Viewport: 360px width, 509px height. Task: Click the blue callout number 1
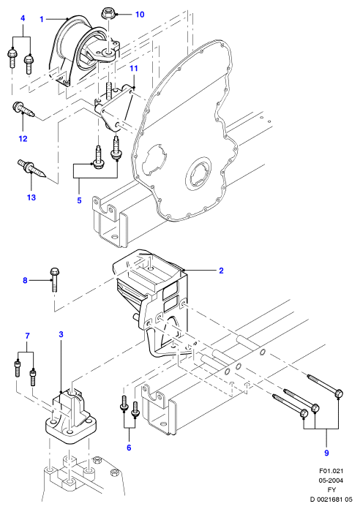[x=42, y=20]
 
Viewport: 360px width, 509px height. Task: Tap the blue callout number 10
[x=140, y=15]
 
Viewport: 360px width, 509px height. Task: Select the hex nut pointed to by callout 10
[x=108, y=13]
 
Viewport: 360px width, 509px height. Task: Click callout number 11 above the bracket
[x=134, y=68]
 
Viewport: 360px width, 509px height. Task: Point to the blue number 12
[x=23, y=139]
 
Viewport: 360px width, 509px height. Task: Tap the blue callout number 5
[x=79, y=200]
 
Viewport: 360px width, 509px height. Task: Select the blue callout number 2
[x=221, y=271]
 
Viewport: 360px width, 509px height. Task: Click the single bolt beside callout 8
[x=54, y=279]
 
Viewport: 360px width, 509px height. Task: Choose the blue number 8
[x=25, y=280]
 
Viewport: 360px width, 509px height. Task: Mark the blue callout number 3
[x=61, y=334]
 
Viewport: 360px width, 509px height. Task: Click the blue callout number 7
[x=27, y=336]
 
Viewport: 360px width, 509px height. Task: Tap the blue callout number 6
[x=129, y=448]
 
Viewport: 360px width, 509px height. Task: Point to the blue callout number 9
[x=326, y=453]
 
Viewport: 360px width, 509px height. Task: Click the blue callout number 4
[x=23, y=18]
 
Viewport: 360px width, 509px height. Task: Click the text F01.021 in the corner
[x=331, y=471]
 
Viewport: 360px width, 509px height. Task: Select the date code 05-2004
[x=331, y=480]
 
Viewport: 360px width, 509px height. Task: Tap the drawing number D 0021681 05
[x=331, y=499]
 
